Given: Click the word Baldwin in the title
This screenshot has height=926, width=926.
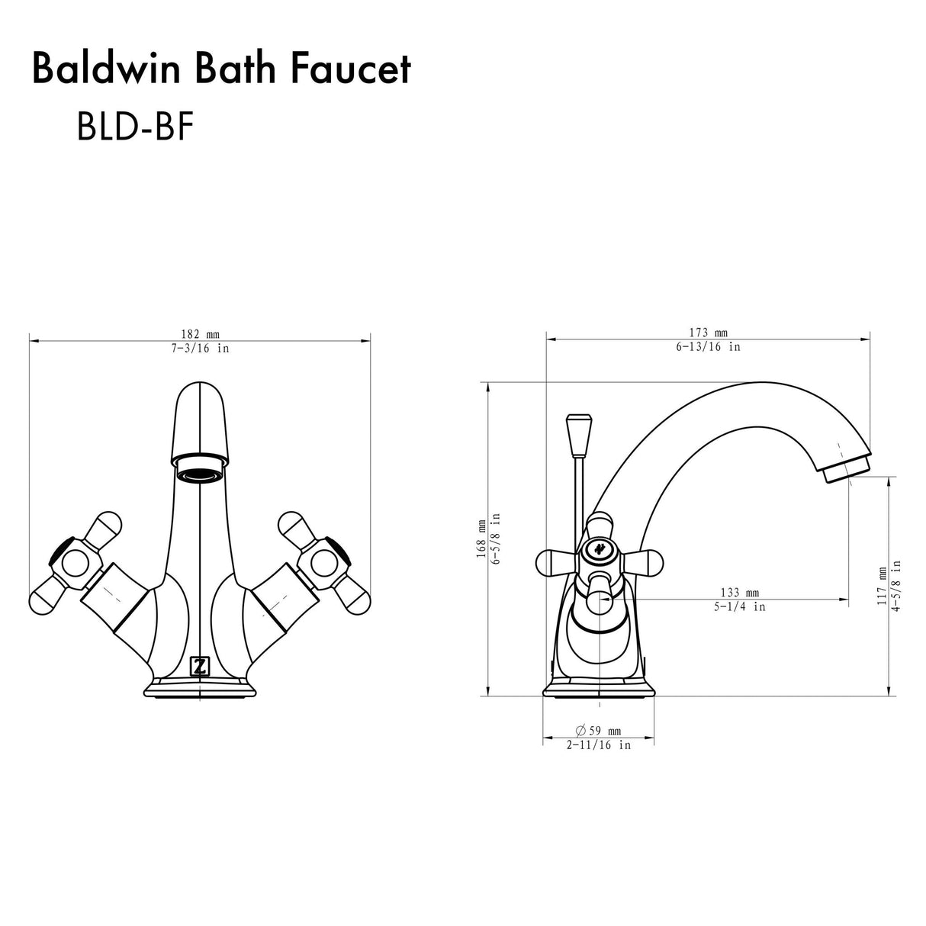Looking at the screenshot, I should coord(107,69).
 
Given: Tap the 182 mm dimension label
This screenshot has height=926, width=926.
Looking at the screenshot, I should coord(200,334).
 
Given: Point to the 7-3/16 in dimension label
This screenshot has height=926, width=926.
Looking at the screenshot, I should coord(200,348).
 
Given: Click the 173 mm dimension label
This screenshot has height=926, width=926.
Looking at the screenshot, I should coord(709,333).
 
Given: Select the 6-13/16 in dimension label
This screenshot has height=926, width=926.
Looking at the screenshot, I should coord(709,346).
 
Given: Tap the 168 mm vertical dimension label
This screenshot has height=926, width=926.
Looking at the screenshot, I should coord(481,539).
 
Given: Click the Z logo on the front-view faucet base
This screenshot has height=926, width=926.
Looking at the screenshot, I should coord(200,667).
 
